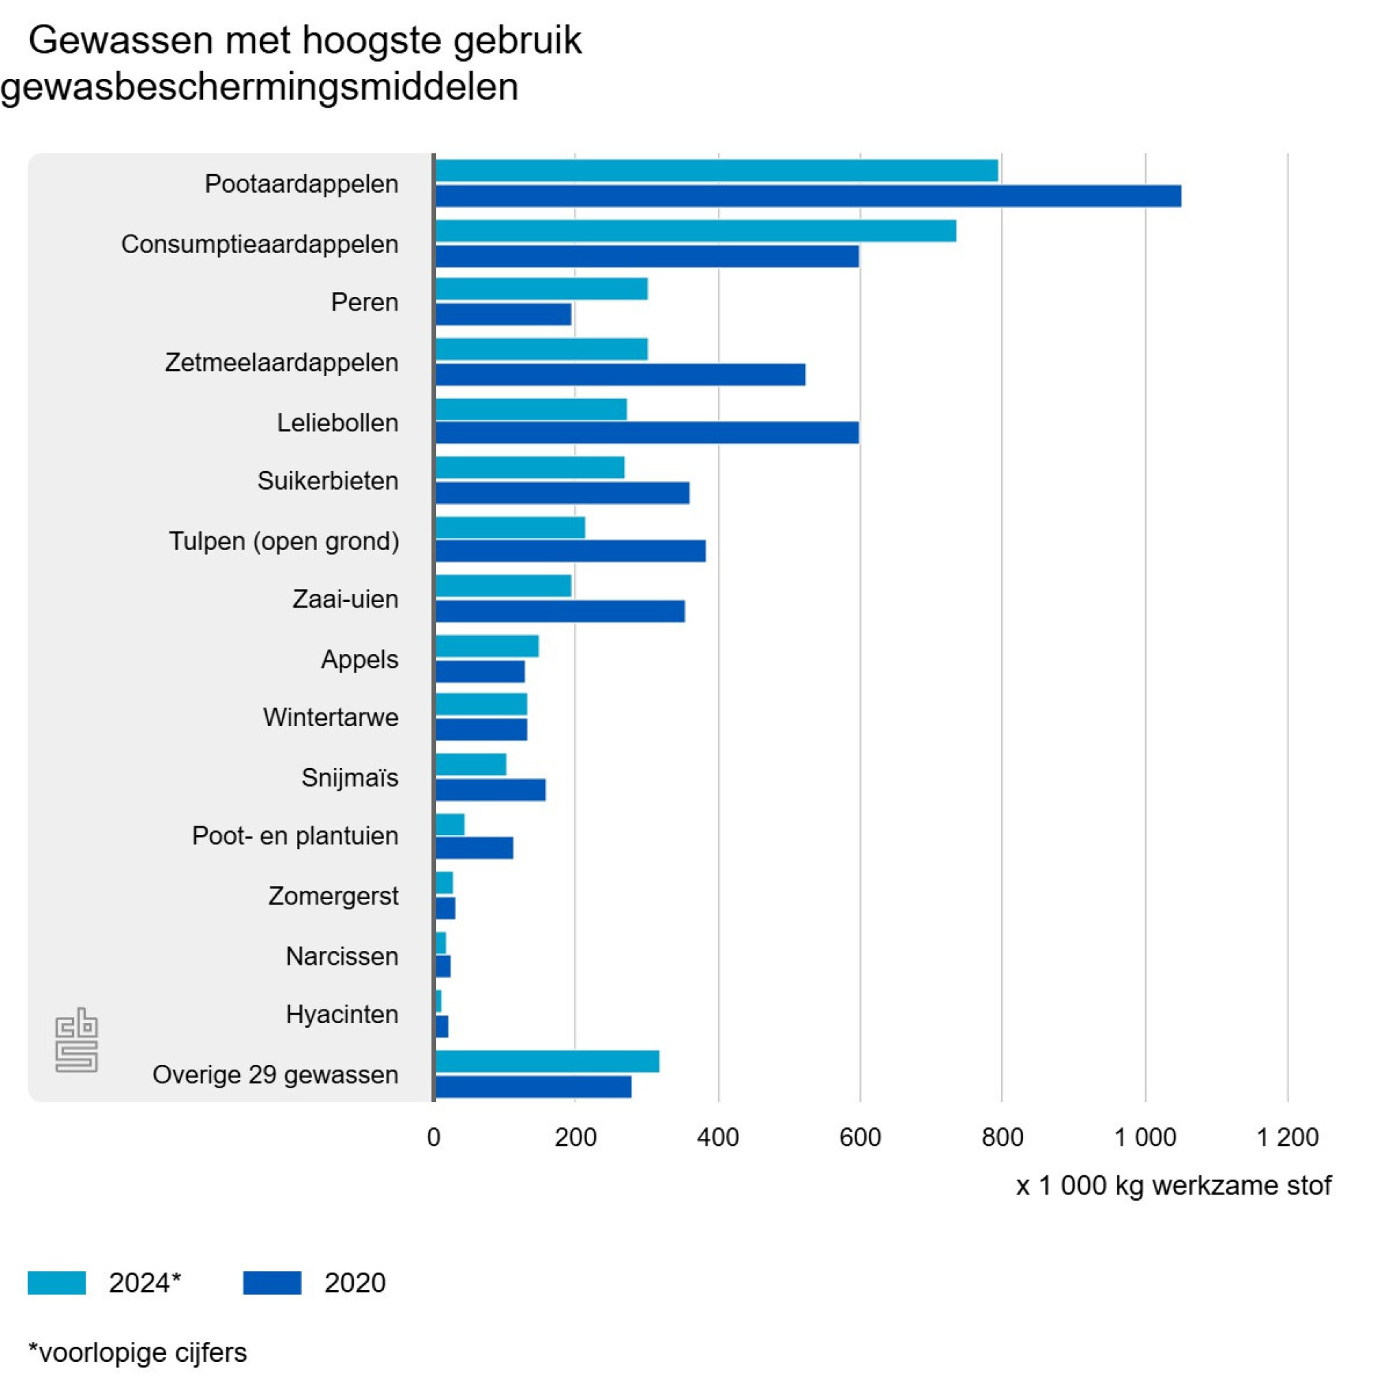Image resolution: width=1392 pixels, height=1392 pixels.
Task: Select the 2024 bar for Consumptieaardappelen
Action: click(x=695, y=230)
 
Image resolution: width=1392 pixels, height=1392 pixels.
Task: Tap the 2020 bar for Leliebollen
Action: click(x=647, y=432)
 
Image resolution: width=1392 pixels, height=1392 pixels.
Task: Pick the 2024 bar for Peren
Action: click(x=541, y=289)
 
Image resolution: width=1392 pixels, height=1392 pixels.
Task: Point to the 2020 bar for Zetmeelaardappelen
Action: click(x=621, y=374)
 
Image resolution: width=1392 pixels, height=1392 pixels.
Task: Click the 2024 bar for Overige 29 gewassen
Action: click(x=547, y=1061)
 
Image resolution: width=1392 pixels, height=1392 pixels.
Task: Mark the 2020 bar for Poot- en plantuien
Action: click(x=474, y=848)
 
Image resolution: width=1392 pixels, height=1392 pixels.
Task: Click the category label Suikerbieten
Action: click(x=328, y=481)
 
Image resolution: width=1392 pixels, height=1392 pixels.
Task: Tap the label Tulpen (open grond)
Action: click(x=284, y=541)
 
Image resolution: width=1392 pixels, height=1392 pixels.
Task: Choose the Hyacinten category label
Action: click(x=341, y=1014)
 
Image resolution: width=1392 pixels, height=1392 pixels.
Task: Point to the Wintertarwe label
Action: click(x=331, y=718)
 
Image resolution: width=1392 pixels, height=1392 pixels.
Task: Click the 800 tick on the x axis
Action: click(x=1003, y=1137)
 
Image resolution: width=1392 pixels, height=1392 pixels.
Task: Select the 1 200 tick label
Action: click(x=1287, y=1137)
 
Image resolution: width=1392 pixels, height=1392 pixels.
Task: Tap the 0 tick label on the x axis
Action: click(x=434, y=1137)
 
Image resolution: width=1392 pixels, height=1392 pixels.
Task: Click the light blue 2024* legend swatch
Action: click(x=57, y=1283)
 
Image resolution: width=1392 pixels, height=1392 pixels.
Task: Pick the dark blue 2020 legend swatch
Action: click(x=272, y=1283)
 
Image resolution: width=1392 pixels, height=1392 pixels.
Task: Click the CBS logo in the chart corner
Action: click(x=76, y=1040)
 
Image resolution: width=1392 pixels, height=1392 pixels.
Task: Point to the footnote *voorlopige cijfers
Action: click(x=138, y=1352)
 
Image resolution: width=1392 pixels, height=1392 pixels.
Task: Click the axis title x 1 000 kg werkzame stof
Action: click(x=1173, y=1185)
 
